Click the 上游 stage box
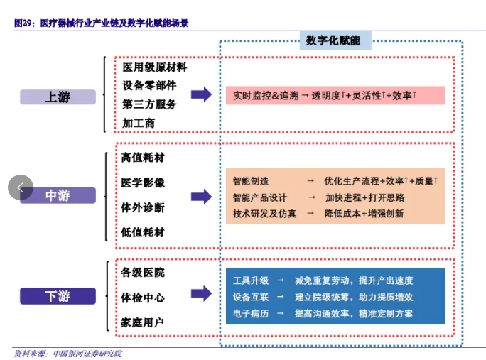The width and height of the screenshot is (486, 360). point(58,97)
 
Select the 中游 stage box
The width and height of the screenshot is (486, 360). point(58,195)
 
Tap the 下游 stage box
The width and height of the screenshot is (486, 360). point(58,296)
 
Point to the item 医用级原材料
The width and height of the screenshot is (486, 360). point(155,67)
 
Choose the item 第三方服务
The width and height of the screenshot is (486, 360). point(149,104)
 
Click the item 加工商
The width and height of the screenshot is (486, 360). point(139,124)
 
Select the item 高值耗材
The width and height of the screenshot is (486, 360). point(143,158)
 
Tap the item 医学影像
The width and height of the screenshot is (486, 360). point(143,182)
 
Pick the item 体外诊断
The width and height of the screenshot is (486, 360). point(143,207)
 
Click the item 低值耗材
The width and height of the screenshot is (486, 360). point(143,232)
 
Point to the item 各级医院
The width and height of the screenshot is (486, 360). point(143,273)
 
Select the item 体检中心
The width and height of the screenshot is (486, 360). point(143,298)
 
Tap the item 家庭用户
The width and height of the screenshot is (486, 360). point(143,323)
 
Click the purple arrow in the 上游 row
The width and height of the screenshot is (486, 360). point(202,94)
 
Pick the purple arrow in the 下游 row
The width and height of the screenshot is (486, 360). point(202,293)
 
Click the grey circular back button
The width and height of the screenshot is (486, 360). point(21,187)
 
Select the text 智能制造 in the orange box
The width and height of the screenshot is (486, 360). point(251,181)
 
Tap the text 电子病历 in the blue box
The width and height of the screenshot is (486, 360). point(251,314)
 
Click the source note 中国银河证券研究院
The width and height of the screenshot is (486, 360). point(87,354)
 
